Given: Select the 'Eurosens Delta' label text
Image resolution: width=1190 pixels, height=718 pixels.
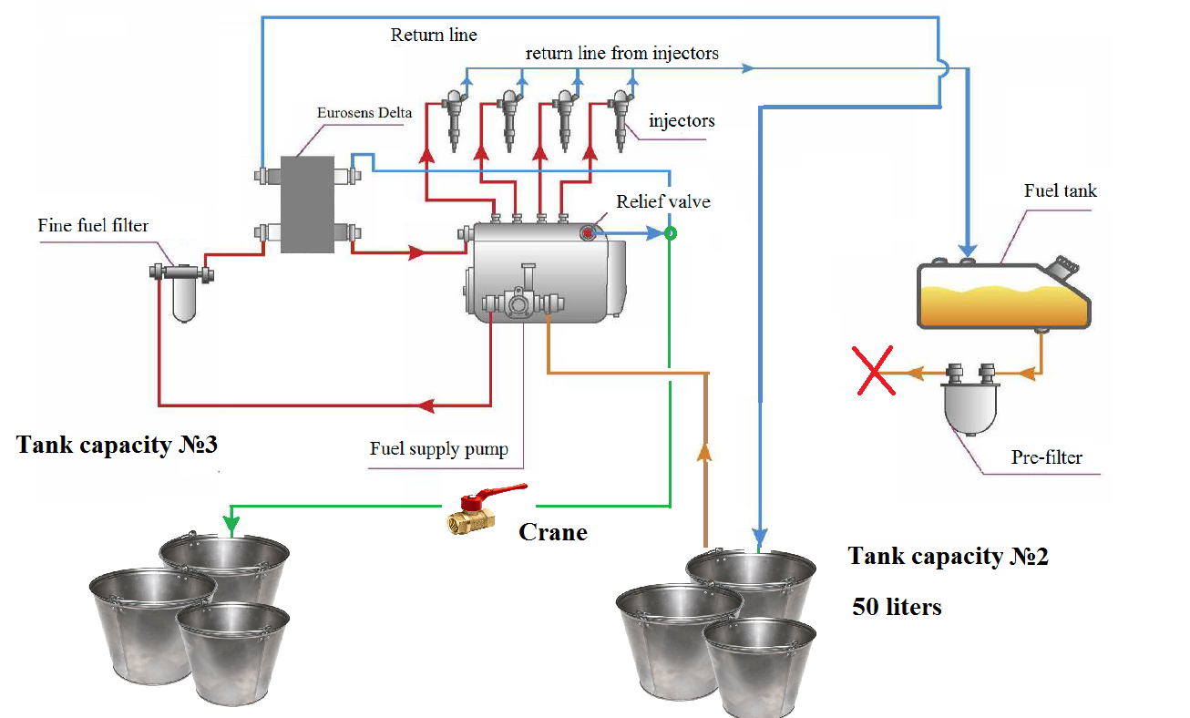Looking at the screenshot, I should coord(364,113).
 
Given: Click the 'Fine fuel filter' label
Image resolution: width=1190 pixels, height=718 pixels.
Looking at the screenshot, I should coord(93,224).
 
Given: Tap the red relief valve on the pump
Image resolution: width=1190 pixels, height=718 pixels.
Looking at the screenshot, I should coord(588,234).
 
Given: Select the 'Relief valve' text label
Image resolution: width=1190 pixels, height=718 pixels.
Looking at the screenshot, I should coord(662,201).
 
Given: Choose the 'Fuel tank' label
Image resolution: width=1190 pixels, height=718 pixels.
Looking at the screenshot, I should coord(1061,190).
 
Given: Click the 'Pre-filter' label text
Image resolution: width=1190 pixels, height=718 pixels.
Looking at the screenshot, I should coord(1047,457).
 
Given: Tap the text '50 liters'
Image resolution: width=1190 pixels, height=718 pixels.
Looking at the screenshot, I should coord(897,606).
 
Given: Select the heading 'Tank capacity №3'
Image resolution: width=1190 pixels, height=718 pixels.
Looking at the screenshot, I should coord(118,446).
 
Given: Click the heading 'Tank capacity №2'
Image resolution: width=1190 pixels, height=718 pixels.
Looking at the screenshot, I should coord(948,556).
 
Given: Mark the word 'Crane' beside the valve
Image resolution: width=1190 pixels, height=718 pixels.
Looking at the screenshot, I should coord(553,532).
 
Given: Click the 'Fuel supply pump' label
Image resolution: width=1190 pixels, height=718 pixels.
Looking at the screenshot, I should coord(438,448).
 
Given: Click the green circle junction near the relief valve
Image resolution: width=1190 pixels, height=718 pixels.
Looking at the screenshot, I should coord(671,233).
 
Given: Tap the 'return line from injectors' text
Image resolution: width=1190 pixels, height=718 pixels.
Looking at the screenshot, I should coord(622,53).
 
